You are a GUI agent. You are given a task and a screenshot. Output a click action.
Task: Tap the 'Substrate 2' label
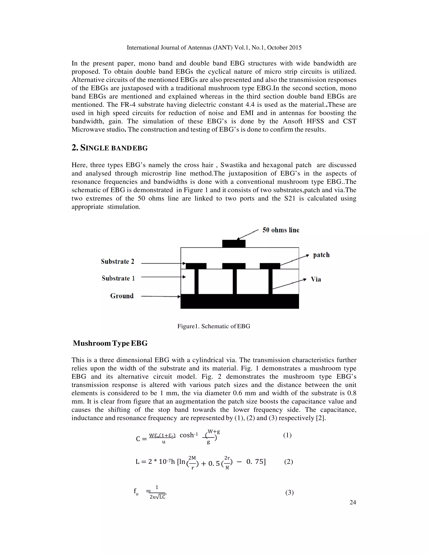118,262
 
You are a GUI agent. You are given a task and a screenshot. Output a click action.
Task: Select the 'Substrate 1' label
118,278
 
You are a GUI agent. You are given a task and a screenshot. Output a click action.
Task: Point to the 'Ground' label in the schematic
122,296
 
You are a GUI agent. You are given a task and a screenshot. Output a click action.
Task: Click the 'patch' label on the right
321,255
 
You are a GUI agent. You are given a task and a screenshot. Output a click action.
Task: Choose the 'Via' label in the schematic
316,279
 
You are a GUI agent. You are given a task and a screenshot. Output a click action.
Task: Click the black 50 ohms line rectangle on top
234,244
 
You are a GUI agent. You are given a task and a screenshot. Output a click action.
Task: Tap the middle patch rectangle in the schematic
234,266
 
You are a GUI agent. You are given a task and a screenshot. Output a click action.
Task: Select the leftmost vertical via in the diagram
196,282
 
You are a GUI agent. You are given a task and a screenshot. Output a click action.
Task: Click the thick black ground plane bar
240,301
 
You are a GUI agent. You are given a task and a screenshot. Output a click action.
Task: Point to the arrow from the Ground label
160,296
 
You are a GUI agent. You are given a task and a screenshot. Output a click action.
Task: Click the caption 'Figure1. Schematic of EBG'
214,326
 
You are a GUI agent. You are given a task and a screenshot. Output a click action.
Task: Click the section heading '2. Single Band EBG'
110,148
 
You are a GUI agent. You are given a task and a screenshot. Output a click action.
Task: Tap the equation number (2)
288,461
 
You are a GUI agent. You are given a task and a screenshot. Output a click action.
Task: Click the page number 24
353,502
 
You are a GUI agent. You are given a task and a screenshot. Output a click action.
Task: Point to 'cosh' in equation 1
187,435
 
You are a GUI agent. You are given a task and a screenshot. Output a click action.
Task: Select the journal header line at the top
214,47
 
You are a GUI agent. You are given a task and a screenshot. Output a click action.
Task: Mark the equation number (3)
289,493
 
